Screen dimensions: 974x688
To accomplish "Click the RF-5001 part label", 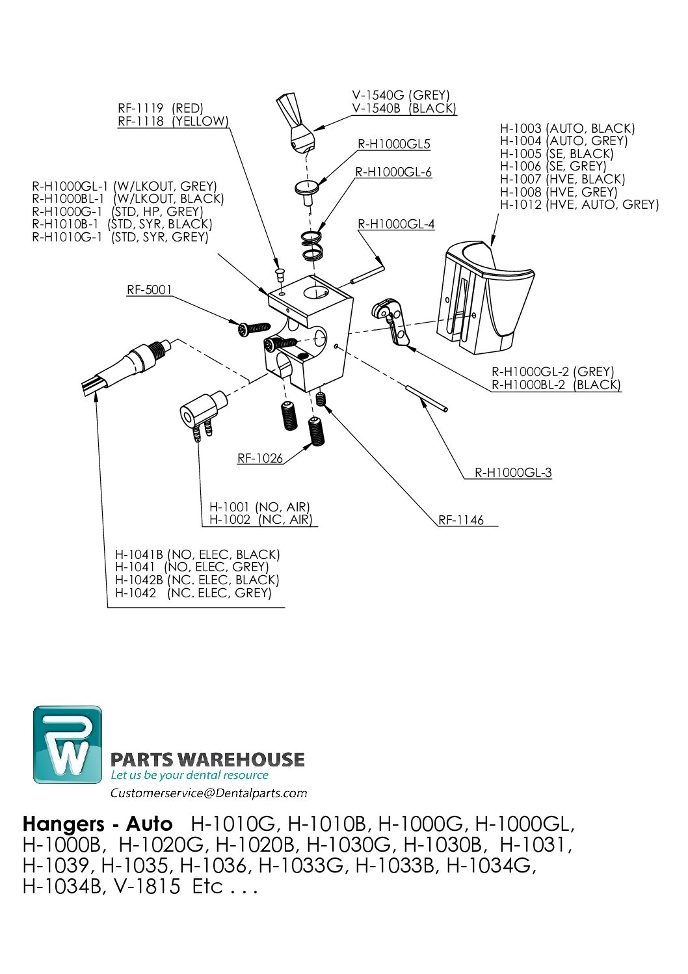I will (149, 290).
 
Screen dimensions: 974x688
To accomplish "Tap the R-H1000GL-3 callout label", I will (513, 473).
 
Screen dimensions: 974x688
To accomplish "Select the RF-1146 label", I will (461, 521).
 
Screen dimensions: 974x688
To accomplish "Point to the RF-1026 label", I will (260, 459).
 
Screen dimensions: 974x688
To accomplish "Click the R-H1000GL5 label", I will (394, 144).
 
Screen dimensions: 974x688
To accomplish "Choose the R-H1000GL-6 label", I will (393, 172).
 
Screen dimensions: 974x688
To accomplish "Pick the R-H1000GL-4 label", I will (396, 224).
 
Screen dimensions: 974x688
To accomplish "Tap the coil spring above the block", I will (313, 245).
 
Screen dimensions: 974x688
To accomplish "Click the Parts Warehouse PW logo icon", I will (68, 744).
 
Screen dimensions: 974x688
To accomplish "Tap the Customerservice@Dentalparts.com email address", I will (209, 793).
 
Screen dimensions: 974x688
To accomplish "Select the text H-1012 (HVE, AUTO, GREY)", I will (579, 205).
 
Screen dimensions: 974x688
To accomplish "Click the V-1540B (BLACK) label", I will (404, 109).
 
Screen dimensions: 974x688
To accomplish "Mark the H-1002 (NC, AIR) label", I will (261, 520).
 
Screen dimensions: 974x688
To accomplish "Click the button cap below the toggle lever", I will (307, 189).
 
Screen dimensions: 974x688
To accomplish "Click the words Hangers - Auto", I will (98, 824).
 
